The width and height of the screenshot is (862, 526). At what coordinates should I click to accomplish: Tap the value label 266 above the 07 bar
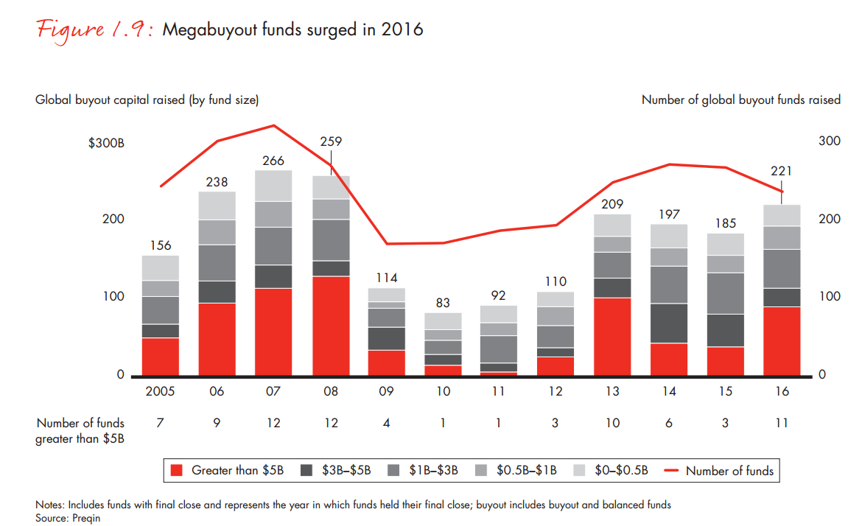pyautogui.click(x=273, y=161)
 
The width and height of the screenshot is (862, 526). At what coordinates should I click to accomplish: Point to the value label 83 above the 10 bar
pyautogui.click(x=443, y=303)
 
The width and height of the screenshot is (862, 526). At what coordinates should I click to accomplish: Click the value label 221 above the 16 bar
pyautogui.click(x=782, y=171)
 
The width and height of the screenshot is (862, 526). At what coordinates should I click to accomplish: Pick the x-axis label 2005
pyautogui.click(x=160, y=392)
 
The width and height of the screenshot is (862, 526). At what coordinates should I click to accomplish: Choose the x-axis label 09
pyautogui.click(x=386, y=392)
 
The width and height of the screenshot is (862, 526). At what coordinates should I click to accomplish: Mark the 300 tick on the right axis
pyautogui.click(x=829, y=141)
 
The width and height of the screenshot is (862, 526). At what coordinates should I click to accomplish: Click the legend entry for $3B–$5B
pyautogui.click(x=347, y=471)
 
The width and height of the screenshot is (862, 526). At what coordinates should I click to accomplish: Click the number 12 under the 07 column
pyautogui.click(x=273, y=423)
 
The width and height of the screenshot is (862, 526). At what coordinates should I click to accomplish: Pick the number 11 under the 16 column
pyautogui.click(x=782, y=423)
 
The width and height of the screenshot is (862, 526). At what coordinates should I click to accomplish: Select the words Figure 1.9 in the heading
pyautogui.click(x=94, y=29)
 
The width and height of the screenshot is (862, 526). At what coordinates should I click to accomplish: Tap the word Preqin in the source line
pyautogui.click(x=85, y=518)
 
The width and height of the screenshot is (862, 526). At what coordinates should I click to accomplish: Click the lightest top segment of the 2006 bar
pyautogui.click(x=217, y=206)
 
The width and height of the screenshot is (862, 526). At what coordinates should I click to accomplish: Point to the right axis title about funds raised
pyautogui.click(x=740, y=99)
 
